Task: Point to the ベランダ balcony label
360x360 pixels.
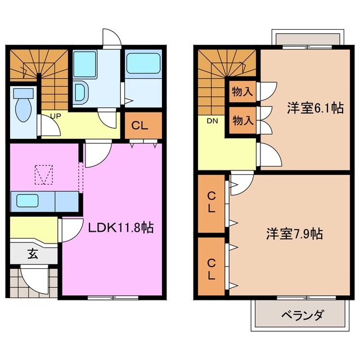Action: tap(301, 316)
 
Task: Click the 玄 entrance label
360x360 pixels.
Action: tap(33, 254)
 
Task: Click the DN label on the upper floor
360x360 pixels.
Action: tap(211, 121)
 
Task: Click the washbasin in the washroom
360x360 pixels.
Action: tap(80, 91)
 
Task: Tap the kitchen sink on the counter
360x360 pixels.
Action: tap(28, 200)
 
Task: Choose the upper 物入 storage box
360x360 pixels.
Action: tap(242, 91)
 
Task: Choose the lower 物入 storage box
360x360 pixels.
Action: tap(242, 120)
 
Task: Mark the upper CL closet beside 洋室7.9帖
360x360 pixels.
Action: tap(211, 204)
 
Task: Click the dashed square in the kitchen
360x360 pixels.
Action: tap(43, 174)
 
